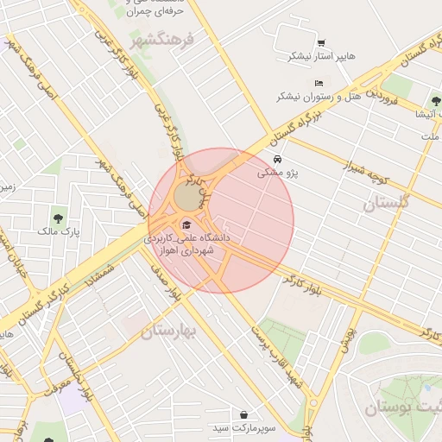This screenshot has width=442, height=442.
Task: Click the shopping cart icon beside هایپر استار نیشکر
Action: click(321, 43)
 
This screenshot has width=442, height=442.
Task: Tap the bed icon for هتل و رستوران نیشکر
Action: click(319, 83)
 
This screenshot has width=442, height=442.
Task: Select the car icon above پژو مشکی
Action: click(276, 160)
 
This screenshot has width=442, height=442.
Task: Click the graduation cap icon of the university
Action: click(186, 224)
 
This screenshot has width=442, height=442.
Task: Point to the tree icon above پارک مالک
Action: click(58, 218)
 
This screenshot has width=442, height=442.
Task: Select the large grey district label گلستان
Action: click(384, 204)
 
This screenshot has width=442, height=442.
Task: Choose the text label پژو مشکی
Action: click(277, 173)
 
